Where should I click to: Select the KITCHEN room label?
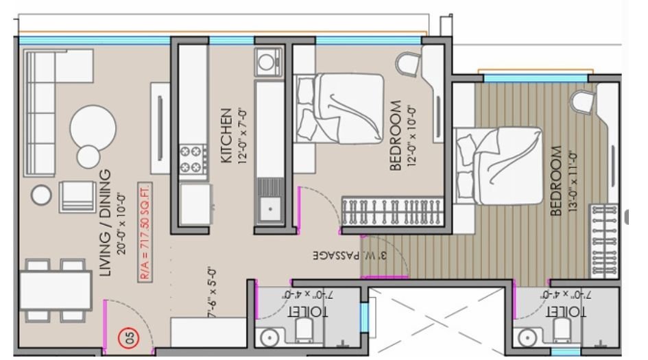pyautogui.click(x=226, y=135)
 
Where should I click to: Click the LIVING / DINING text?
pyautogui.click(x=105, y=224)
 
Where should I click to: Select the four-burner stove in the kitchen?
pyautogui.click(x=193, y=159)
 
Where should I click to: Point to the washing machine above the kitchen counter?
pyautogui.click(x=267, y=63)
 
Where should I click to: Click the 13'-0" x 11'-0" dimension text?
pyautogui.click(x=573, y=180)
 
